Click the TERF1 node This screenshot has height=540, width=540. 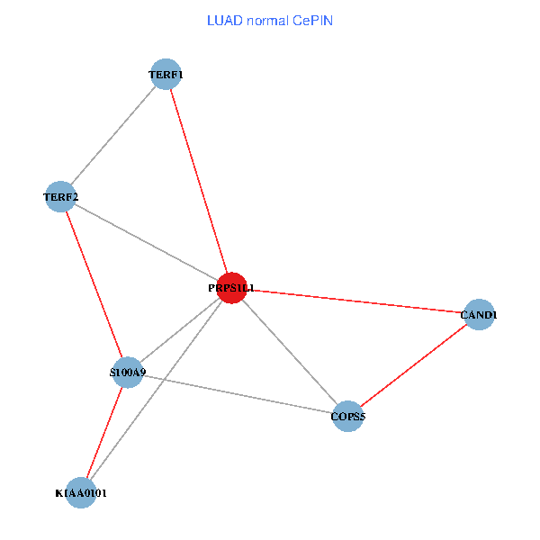tap(166, 75)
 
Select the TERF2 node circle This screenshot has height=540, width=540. tap(60, 196)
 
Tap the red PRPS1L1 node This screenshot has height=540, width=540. tap(232, 288)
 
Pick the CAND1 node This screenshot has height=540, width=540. tap(479, 315)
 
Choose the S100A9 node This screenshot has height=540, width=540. tap(128, 372)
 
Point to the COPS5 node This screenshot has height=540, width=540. tap(347, 416)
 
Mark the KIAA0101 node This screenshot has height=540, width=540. tap(81, 492)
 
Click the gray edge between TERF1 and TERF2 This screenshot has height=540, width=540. tap(113, 135)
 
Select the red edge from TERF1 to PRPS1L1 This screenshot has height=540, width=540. tap(199, 180)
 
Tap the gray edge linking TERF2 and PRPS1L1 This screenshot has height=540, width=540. tap(146, 242)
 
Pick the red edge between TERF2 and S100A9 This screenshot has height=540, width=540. tap(94, 284)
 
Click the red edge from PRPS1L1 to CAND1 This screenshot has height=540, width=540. tap(355, 301)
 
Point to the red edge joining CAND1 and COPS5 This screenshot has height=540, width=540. tap(413, 365)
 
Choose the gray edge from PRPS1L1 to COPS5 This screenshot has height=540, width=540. tap(290, 352)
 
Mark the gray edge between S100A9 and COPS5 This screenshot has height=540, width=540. tap(238, 393)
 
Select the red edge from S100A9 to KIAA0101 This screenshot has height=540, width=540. tap(104, 432)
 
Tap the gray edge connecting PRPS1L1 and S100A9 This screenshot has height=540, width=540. tap(180, 330)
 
